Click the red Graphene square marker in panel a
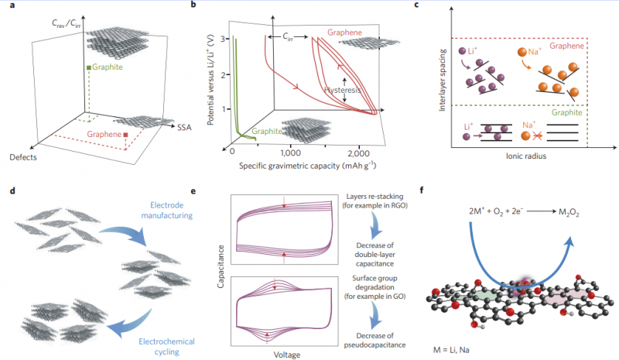point(125,137)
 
